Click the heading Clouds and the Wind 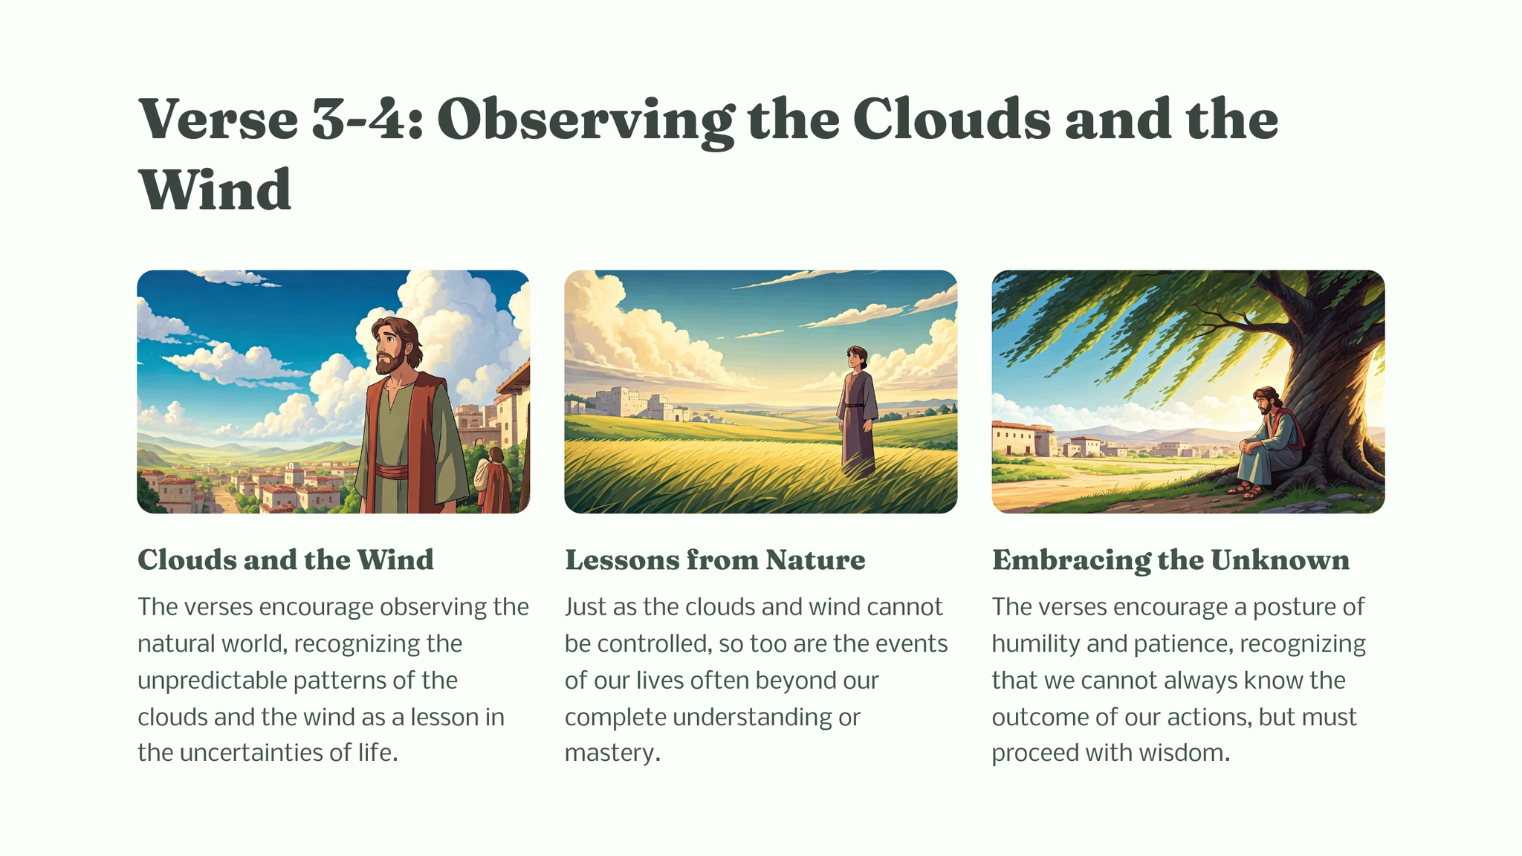pos(285,560)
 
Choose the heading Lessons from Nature pos(715,560)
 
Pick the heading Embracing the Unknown pos(1170,560)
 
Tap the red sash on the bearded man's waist pos(391,472)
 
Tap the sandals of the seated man pos(1246,490)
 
